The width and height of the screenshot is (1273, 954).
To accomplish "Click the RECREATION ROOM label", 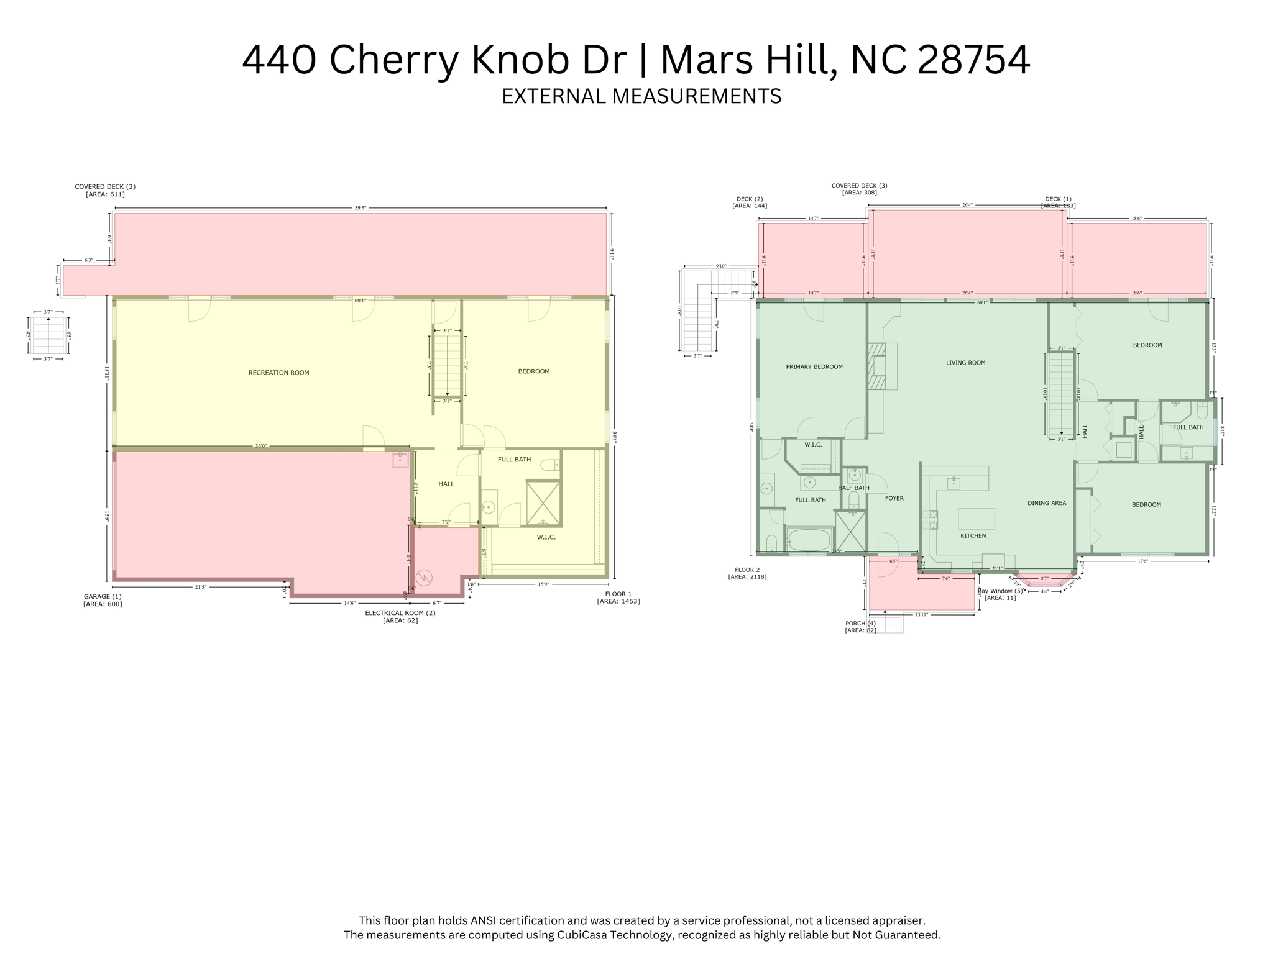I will [x=278, y=373].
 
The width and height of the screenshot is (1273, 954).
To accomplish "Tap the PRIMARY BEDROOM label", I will [x=814, y=366].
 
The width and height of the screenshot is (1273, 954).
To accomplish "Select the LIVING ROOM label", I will [x=965, y=363].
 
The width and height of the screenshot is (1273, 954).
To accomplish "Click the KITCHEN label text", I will [x=973, y=535].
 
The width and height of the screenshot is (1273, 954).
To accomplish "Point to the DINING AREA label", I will [x=1047, y=503].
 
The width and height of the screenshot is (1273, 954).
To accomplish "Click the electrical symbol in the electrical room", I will [x=424, y=578].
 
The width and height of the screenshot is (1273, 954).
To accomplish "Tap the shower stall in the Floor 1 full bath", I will [x=543, y=502].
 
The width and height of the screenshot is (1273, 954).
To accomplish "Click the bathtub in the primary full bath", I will [x=809, y=539].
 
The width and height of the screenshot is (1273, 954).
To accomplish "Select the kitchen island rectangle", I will [x=976, y=519].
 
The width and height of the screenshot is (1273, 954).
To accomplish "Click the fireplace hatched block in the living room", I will [x=877, y=366].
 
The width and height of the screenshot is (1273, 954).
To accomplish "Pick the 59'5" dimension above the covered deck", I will [x=361, y=208].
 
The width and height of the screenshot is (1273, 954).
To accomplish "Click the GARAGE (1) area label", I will [x=103, y=600].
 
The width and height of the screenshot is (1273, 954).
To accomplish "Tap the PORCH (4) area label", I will [x=860, y=627].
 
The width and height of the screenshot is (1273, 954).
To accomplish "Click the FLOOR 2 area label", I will [x=747, y=573].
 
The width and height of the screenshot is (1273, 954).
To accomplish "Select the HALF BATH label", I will [x=853, y=488].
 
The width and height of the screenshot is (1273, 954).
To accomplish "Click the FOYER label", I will [x=894, y=498].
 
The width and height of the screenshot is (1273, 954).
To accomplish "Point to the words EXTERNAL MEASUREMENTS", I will [x=641, y=96].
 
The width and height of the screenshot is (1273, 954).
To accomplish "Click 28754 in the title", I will [x=973, y=60].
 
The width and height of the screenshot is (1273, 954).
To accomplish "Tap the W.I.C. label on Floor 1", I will [x=546, y=537].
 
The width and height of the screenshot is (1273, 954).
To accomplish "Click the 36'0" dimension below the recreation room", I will [x=261, y=446].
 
